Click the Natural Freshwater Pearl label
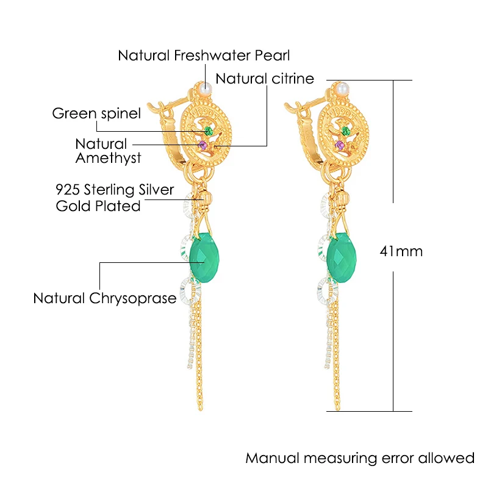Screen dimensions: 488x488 click(204, 56)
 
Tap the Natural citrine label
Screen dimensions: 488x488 click(265, 79)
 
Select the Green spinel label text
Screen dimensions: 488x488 click(96, 113)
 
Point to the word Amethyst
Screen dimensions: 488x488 click(109, 158)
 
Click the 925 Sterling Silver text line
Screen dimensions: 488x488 click(115, 190)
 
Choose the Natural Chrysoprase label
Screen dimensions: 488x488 click(105, 298)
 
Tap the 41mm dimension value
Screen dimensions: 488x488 click(401, 251)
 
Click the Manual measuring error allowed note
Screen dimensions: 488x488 click(360, 458)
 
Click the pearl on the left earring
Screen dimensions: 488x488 click(206, 88)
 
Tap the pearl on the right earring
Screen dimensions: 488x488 click(342, 88)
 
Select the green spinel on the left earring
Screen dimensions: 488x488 click(209, 131)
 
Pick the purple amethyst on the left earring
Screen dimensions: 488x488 click(203, 145)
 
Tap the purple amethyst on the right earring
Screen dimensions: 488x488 click(340, 145)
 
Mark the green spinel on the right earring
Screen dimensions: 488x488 click(345, 131)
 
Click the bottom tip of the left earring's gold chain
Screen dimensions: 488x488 click(200, 409)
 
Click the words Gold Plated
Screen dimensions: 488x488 click(98, 206)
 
